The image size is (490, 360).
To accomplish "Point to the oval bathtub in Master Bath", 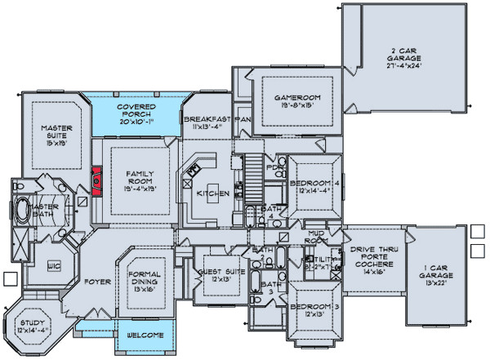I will click(x=22, y=211).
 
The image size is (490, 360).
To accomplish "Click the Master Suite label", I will click(x=51, y=132).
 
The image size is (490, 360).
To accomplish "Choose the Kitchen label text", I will click(x=213, y=194).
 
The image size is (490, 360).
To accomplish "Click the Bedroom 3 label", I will click(x=314, y=307).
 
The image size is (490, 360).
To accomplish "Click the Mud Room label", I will click(x=317, y=236).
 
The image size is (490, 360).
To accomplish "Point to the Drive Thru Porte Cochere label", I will click(x=372, y=256).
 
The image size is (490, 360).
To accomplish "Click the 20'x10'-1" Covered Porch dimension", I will click(x=136, y=121).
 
